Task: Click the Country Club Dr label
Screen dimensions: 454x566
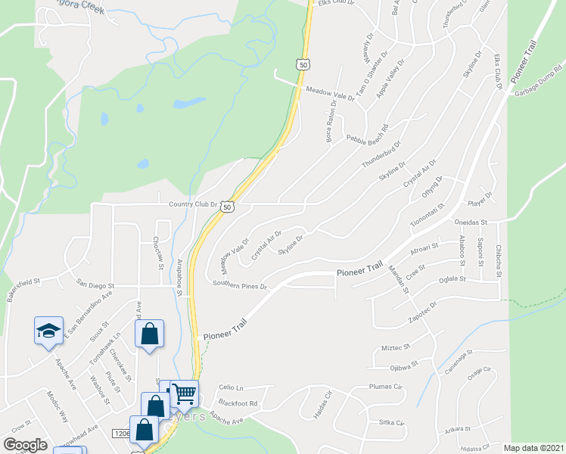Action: (x=193, y=204)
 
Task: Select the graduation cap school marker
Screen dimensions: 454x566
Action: (x=48, y=331)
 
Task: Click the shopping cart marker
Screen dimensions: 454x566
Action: (x=184, y=393)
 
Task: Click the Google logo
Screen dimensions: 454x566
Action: (x=25, y=444)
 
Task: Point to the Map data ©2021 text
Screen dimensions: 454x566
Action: (x=533, y=448)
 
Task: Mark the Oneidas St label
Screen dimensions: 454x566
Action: (x=469, y=222)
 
